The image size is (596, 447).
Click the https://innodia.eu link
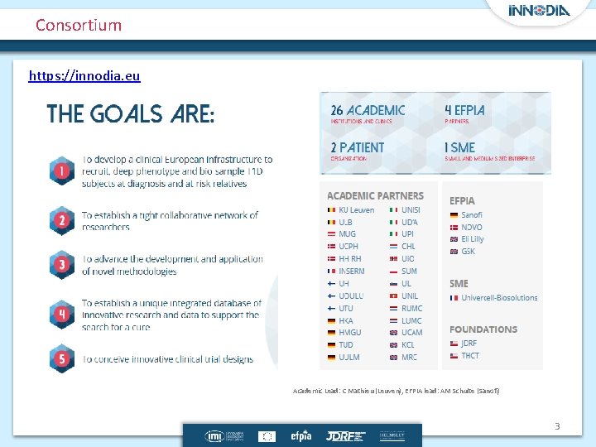pos(84,76)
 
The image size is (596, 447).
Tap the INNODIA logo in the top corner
pos(539,11)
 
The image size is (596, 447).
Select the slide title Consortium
pos(79,25)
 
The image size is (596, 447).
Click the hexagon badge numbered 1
pos(61,172)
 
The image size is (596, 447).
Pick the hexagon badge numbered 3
pos(61,266)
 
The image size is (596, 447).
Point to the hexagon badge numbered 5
pos(61,358)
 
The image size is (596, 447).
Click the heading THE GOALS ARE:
pos(131,113)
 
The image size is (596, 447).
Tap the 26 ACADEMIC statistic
pos(368,110)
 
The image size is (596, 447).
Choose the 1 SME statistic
pos(460,147)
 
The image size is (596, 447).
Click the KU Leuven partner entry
pos(356,210)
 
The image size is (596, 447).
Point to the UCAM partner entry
pos(411,333)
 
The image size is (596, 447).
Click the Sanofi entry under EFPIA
pos(472,215)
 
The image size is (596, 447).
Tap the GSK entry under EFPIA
pos(468,252)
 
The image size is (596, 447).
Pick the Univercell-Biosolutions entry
pos(499,298)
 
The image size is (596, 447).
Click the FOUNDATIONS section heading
pos(483,329)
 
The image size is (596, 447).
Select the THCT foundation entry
pos(469,356)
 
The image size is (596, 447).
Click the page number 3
pos(557,426)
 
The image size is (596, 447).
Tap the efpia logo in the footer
pos(300,435)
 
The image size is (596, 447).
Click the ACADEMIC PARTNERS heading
pos(375,196)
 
